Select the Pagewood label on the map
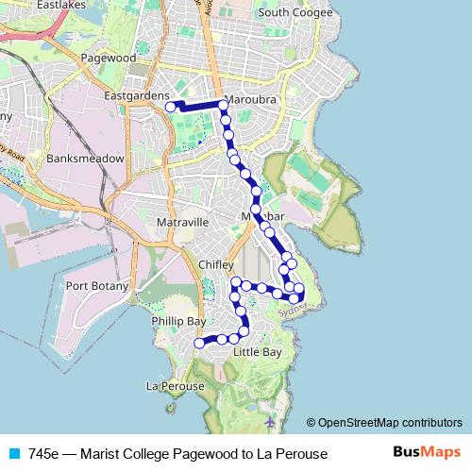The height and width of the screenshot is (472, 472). [109, 58]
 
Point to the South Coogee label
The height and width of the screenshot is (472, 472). [295, 12]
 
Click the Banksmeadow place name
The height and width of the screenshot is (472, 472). [84, 159]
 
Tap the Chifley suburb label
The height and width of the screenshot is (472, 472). [216, 265]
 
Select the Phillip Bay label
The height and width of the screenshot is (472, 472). [177, 322]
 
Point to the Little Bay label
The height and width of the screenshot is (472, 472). [257, 352]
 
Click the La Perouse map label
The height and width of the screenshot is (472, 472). [175, 386]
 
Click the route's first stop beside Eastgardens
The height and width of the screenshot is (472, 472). [171, 108]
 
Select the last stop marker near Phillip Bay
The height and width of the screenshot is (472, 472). [199, 344]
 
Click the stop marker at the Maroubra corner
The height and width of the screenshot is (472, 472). [223, 105]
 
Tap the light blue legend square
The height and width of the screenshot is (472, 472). [12, 454]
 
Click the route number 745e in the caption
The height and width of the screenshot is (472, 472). [42, 454]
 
